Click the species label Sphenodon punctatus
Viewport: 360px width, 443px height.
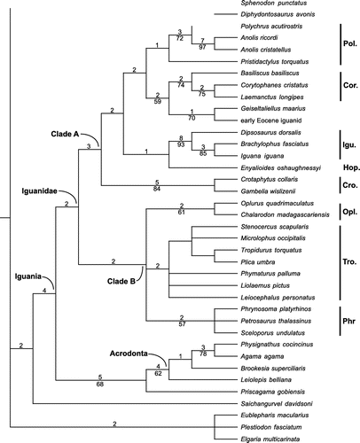pos(274,4)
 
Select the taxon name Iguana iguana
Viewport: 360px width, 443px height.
pos(262,156)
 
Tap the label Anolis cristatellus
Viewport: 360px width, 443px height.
pos(266,50)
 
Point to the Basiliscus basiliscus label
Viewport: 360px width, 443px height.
pos(270,74)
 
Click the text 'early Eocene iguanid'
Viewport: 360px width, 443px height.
pos(271,120)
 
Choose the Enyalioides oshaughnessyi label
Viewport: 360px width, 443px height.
pos(281,168)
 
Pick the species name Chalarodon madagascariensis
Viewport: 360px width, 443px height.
pos(285,214)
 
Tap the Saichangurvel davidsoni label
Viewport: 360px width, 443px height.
pos(277,404)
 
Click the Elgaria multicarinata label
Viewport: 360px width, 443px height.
pos(270,439)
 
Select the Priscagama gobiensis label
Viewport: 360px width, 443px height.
pos(273,392)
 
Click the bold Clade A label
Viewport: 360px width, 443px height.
pos(65,134)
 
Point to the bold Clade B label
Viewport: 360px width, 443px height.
pos(121,282)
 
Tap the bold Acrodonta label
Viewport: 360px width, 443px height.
pos(129,354)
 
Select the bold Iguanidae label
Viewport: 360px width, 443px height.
pos(39,191)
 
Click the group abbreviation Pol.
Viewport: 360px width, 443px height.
pos(350,44)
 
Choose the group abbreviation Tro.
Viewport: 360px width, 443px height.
pos(349,262)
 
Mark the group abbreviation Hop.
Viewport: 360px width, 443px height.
pos(351,167)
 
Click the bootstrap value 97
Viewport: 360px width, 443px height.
pos(202,47)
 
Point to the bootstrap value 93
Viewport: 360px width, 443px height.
pos(181,144)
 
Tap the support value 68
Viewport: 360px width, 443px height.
pos(100,385)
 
